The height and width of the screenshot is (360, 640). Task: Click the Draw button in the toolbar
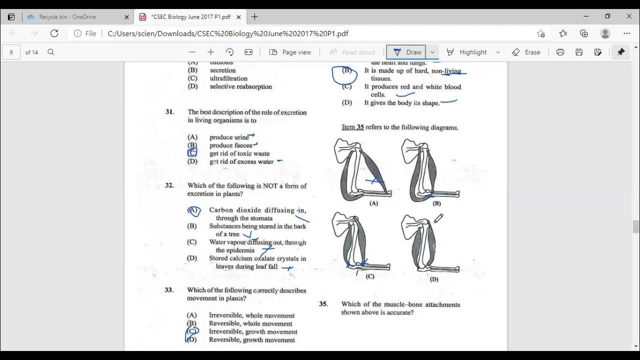click(407, 52)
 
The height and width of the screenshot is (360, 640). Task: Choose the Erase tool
click(526, 52)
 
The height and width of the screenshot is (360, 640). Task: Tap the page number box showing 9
click(11, 52)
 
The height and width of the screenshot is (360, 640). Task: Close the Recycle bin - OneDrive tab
click(126, 16)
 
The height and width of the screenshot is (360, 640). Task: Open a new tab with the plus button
click(254, 16)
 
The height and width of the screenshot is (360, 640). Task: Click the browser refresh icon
click(54, 33)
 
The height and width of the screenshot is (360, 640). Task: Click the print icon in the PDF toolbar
click(560, 52)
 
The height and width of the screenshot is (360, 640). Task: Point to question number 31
click(170, 112)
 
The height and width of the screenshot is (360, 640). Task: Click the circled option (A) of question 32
click(193, 210)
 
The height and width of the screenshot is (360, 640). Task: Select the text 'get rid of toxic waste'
click(239, 153)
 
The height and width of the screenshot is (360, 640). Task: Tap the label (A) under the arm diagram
click(373, 203)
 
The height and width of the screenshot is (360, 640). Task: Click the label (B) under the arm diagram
click(436, 203)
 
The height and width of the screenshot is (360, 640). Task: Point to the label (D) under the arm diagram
click(433, 279)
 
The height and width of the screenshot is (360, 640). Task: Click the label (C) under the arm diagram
click(370, 276)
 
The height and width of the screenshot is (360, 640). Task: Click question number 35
click(323, 304)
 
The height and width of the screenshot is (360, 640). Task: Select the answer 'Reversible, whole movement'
click(250, 323)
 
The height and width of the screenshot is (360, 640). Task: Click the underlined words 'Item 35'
click(352, 127)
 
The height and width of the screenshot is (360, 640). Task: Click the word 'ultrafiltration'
click(228, 78)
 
